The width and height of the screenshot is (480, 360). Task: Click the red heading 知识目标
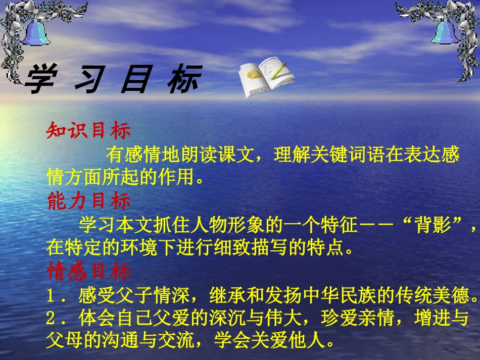click(x=88, y=131)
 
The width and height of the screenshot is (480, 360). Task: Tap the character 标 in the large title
click(x=184, y=80)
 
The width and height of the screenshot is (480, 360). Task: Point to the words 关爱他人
click(x=293, y=342)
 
